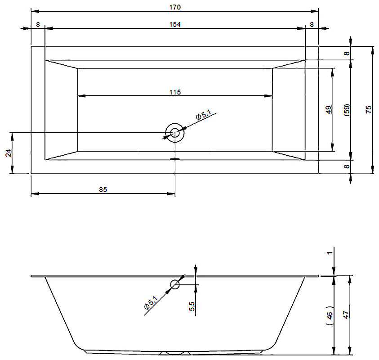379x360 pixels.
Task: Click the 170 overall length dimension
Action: pyautogui.click(x=175, y=7)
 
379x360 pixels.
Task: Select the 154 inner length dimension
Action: pyautogui.click(x=175, y=24)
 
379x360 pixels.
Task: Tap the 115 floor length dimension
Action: pyautogui.click(x=175, y=92)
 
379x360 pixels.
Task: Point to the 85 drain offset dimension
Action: pyautogui.click(x=103, y=189)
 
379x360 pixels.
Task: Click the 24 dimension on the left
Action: pyautogui.click(x=9, y=153)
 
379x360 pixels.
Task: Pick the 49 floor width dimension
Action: pyautogui.click(x=329, y=110)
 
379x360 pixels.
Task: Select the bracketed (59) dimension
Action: pyautogui.click(x=347, y=110)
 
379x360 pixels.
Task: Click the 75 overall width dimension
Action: pyautogui.click(x=368, y=110)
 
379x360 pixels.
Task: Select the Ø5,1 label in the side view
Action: pyautogui.click(x=151, y=303)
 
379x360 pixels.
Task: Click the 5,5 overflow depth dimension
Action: pyautogui.click(x=192, y=306)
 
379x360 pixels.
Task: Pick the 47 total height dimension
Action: pyautogui.click(x=346, y=315)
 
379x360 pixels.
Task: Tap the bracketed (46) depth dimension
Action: pyautogui.click(x=330, y=315)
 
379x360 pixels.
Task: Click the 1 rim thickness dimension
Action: pyautogui.click(x=330, y=253)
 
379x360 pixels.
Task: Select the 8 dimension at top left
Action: pyautogui.click(x=38, y=24)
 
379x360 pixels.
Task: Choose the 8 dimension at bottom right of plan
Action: pyautogui.click(x=347, y=166)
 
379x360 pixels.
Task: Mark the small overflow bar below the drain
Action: pyautogui.click(x=175, y=159)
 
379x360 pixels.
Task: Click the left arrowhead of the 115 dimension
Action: pyautogui.click(x=82, y=96)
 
